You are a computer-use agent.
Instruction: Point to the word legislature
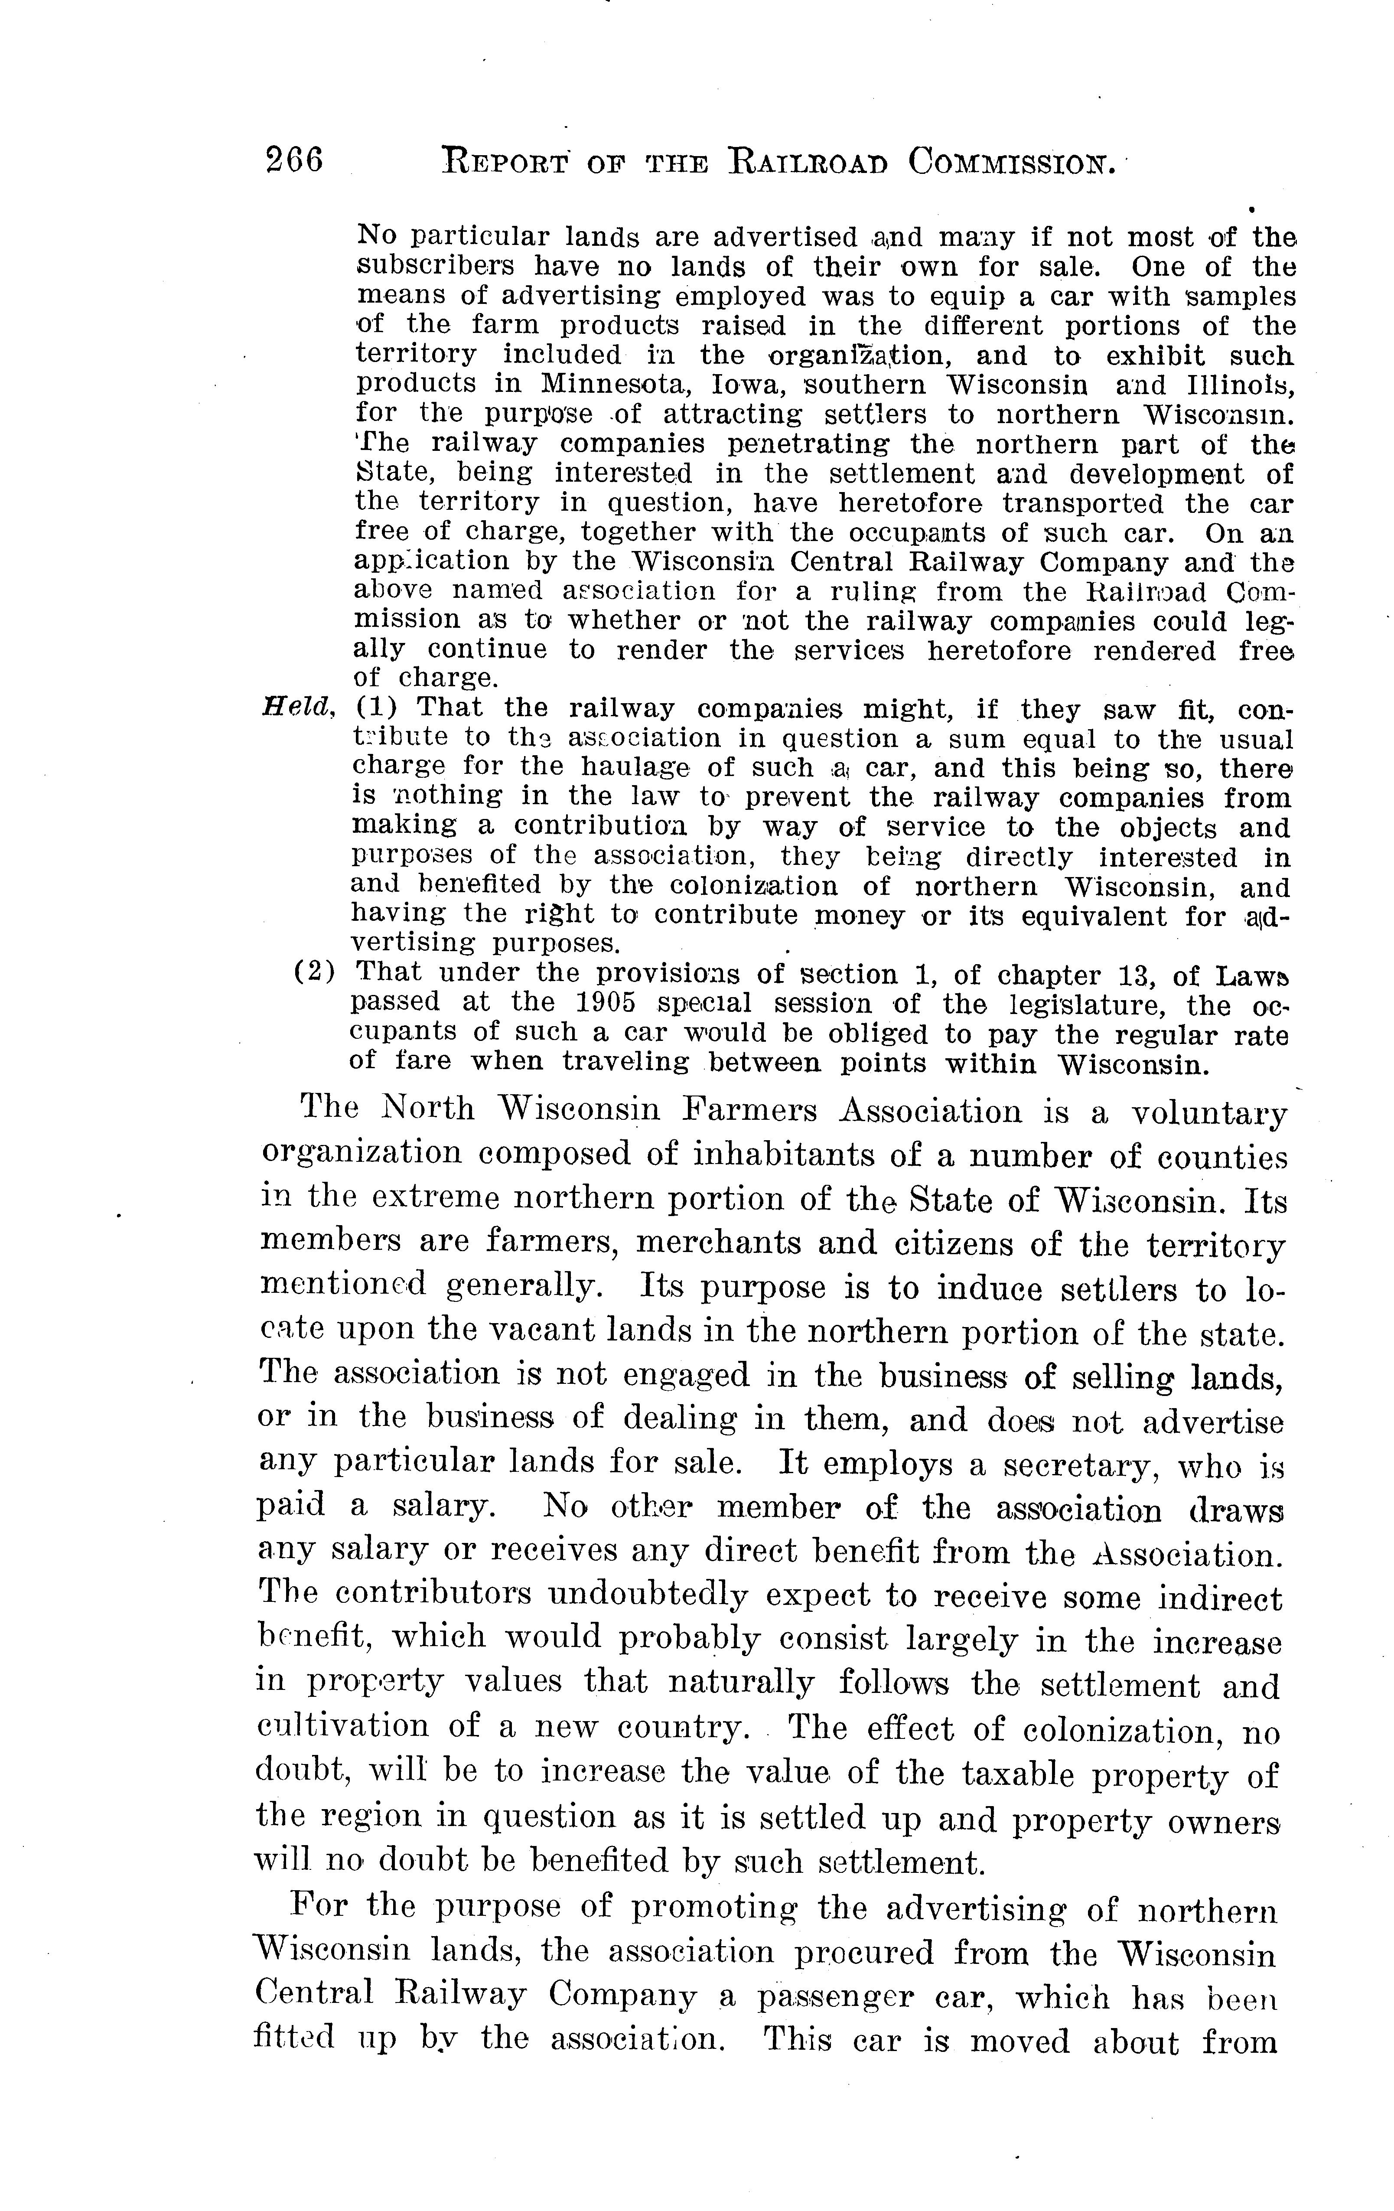pos(1075,1003)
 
